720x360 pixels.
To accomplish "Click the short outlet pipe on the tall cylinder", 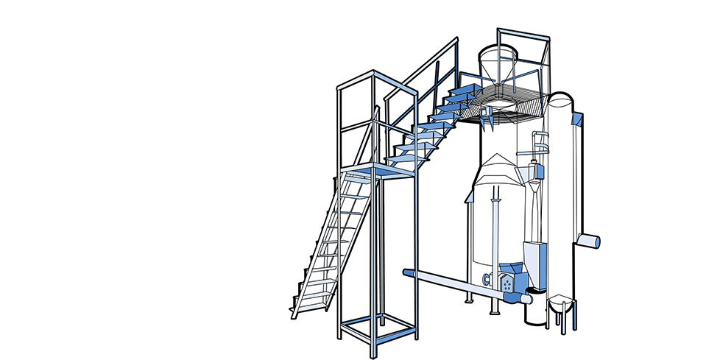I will click(589, 240).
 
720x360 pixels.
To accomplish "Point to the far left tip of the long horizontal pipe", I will click(406, 272).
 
